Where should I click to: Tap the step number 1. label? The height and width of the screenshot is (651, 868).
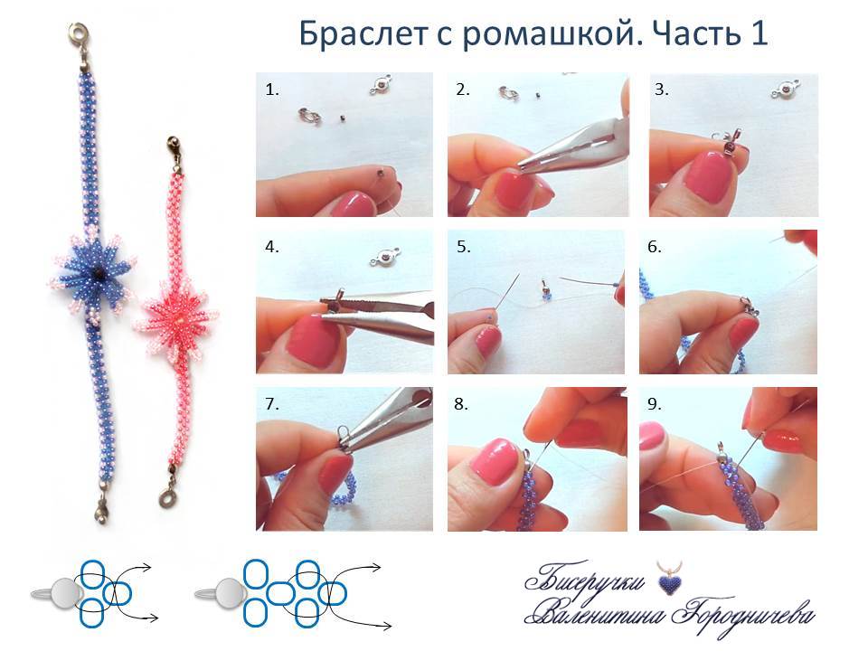tap(272, 90)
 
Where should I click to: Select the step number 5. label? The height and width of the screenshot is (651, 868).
tap(464, 245)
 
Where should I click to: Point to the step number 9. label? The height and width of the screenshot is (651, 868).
tap(655, 404)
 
